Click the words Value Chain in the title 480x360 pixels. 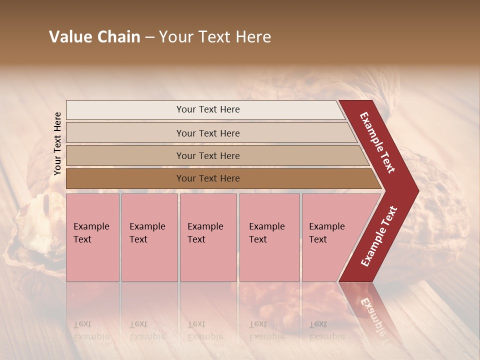coord(94,37)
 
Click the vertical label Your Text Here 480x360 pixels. coord(57,143)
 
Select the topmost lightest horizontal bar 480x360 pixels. coord(205,109)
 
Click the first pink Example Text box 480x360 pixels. coord(92,237)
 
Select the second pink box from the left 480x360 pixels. coord(149,237)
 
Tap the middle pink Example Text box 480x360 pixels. coord(208,237)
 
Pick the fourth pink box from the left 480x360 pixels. coord(269,237)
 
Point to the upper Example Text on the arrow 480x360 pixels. coord(377,142)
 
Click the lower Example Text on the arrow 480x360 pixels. coord(379,236)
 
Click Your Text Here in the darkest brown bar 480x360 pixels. coord(208,178)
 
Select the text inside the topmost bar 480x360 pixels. coord(208,109)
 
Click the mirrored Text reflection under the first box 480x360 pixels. coord(83,324)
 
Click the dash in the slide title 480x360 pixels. coord(149,37)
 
